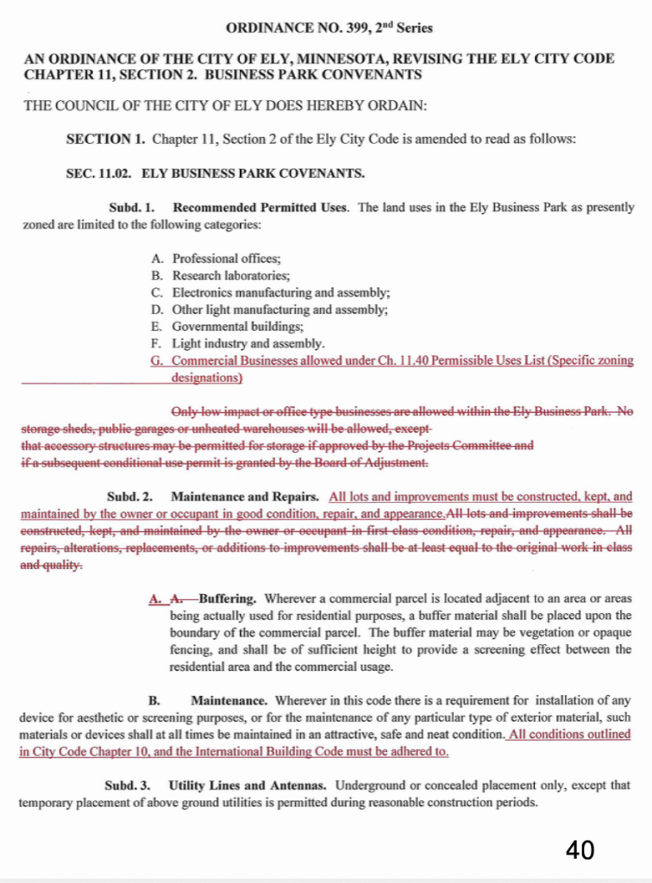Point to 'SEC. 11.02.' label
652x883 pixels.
tap(97, 172)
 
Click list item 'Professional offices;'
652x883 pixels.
tap(226, 259)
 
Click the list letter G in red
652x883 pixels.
tap(155, 360)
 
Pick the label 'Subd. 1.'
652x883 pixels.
tap(131, 208)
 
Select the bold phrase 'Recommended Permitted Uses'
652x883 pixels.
tap(261, 208)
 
